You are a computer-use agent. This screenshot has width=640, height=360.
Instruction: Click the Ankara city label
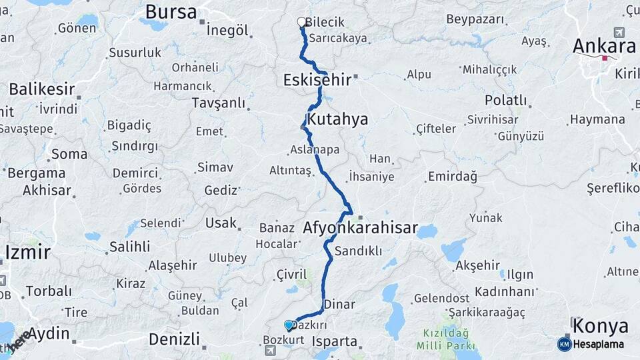click(604, 46)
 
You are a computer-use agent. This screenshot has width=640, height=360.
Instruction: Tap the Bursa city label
click(171, 11)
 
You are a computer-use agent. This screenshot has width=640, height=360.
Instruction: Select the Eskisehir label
click(317, 80)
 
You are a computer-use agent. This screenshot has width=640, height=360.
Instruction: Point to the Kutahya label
click(339, 119)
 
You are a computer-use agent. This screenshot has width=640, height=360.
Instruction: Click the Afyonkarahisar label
click(360, 228)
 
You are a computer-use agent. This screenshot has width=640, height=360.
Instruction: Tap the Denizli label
click(173, 339)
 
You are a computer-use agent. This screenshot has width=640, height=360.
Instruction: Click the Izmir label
click(27, 252)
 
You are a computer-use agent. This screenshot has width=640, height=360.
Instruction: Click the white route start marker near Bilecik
click(301, 21)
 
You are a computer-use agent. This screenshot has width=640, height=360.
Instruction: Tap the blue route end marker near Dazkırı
click(289, 325)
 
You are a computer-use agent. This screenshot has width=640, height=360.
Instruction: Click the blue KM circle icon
click(564, 344)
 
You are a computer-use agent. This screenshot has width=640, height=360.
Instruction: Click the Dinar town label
click(339, 304)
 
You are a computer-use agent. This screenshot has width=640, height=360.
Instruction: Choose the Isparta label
click(335, 341)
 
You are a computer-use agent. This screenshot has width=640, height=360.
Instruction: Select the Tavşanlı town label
click(218, 103)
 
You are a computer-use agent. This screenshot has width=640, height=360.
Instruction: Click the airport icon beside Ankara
click(619, 33)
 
